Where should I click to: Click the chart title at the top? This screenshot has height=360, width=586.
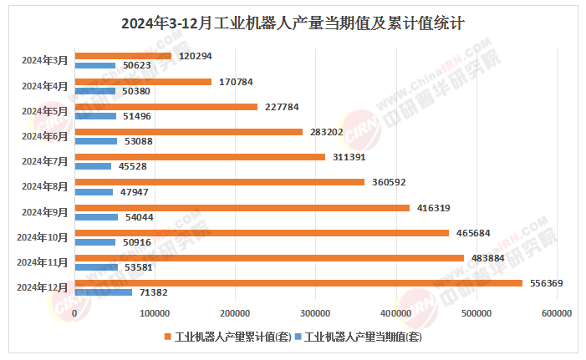tap(293, 24)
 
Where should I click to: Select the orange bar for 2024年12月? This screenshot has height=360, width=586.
tap(298, 283)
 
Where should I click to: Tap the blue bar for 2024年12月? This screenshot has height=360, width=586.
tap(104, 292)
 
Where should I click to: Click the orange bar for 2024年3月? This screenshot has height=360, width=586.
tap(124, 56)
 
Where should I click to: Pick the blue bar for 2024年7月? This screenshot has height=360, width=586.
tap(94, 166)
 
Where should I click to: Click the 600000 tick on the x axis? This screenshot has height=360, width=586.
tap(556, 313)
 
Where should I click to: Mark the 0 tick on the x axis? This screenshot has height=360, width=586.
tap(75, 313)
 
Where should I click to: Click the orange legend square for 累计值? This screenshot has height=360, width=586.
tap(169, 338)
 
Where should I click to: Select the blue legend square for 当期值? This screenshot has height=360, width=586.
tap(298, 338)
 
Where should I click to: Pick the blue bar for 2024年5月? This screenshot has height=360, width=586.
tap(96, 116)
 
